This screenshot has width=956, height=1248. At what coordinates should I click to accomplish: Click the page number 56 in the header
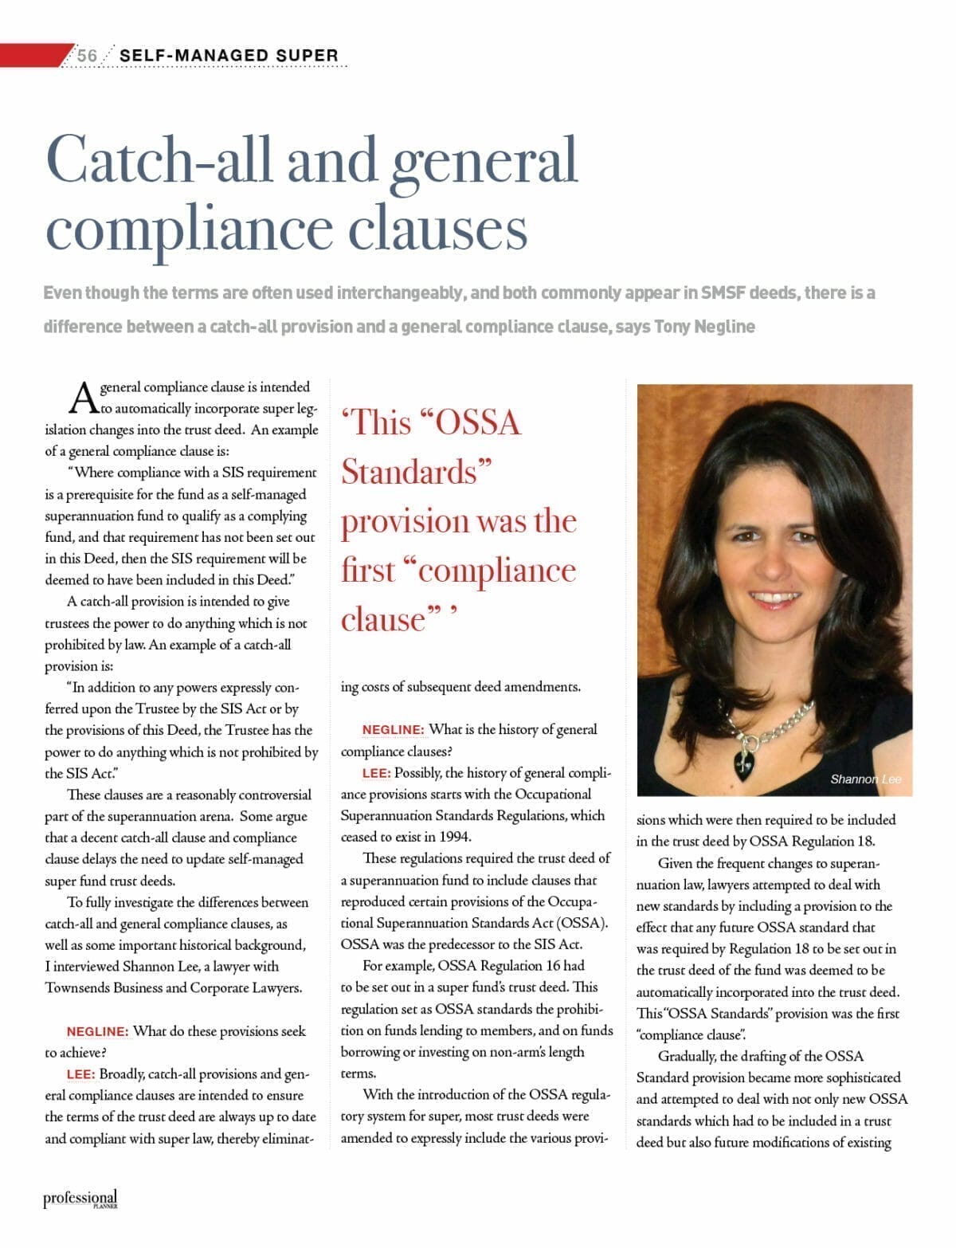(x=87, y=55)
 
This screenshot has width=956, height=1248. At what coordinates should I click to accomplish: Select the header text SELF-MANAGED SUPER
(x=229, y=55)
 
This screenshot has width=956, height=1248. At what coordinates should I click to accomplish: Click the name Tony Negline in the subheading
(x=704, y=327)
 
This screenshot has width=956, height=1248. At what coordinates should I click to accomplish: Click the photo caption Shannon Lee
(x=865, y=779)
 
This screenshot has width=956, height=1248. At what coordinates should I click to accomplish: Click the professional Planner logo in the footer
(x=80, y=1199)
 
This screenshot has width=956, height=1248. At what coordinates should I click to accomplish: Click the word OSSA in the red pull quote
(x=476, y=422)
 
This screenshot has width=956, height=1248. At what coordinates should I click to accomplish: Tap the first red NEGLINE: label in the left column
(x=97, y=1031)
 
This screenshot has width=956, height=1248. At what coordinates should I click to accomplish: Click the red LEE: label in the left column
(x=80, y=1074)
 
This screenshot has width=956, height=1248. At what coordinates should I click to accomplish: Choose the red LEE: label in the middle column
(x=375, y=772)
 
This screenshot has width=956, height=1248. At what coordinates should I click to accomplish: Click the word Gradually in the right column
(x=687, y=1057)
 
